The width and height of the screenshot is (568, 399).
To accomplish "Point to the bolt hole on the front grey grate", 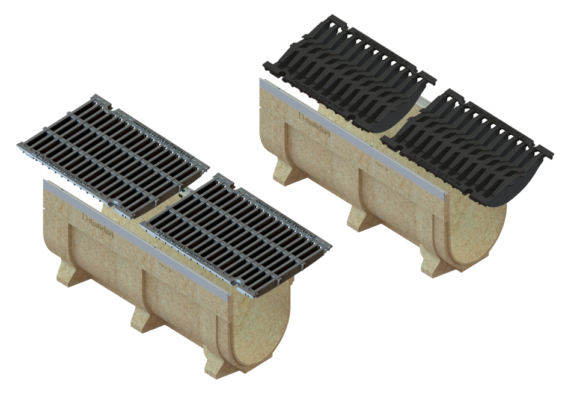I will pos(240,281).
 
